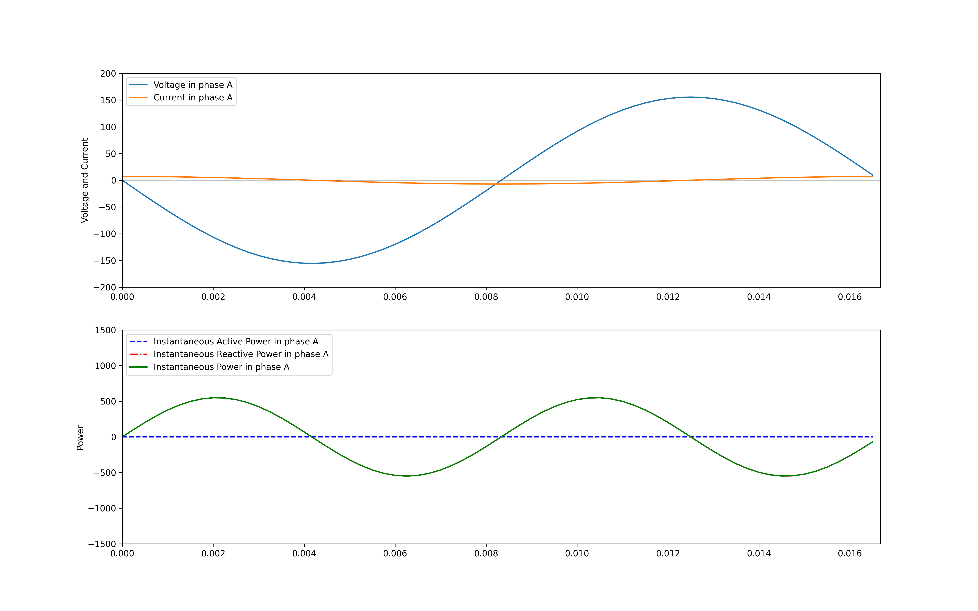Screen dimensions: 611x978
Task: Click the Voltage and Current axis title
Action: tap(85, 180)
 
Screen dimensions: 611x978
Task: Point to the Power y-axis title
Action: tap(80, 437)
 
